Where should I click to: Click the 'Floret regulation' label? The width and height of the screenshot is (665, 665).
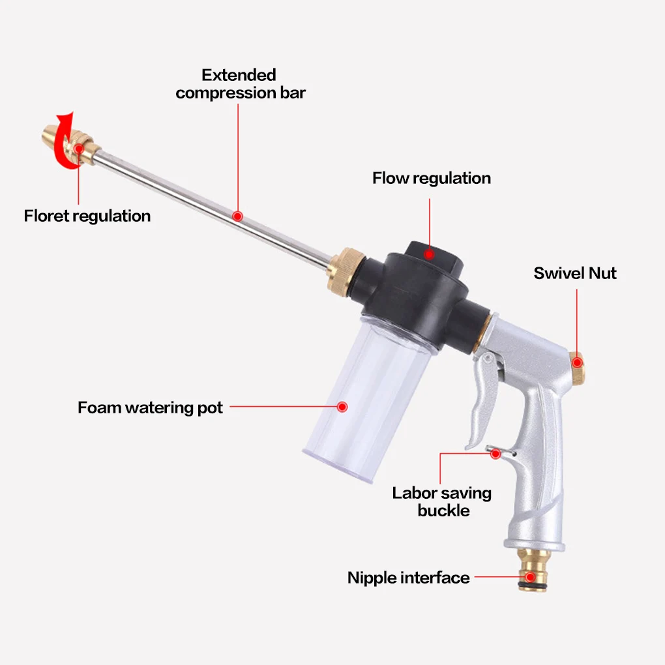coord(87,216)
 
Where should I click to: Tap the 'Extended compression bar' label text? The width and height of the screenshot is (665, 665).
coord(240,84)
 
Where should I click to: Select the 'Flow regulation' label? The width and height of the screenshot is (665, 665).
coord(431,178)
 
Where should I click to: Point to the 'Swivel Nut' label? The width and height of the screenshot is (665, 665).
coord(574,273)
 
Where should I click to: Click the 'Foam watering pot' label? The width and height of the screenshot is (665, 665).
coord(150,408)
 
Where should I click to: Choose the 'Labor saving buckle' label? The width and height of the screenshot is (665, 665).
coord(441,501)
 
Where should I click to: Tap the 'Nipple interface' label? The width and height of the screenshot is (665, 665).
coord(408,578)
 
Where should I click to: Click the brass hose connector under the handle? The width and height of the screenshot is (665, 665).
coord(531,570)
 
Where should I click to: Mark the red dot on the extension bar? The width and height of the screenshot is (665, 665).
coord(237,215)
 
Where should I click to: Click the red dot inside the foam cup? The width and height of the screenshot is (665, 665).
coord(342,407)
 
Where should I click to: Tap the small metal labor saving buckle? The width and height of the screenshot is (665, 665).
coord(495,452)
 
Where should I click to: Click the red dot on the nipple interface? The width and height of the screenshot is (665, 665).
coord(529,577)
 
